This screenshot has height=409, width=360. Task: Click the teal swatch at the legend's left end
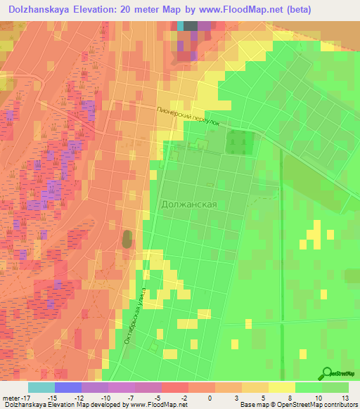pos(41,387)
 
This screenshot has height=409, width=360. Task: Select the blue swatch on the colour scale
pos(68,387)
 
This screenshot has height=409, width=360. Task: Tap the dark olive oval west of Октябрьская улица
pos(127,239)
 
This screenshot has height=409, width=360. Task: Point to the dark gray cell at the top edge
pos(191,25)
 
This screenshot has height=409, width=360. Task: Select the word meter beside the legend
pos(10,397)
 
